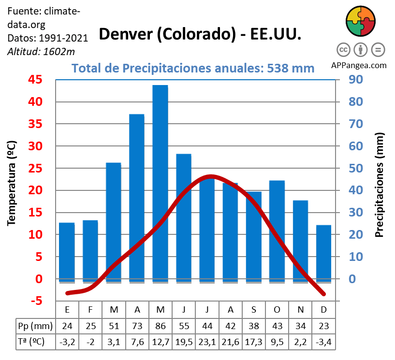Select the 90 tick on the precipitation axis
pos(356,80)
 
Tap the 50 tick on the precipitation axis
pos(356,168)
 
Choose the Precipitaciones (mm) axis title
pos(380,185)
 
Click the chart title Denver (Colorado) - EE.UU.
pos(200,34)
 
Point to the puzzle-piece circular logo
pos(360,21)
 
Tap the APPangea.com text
pos(359,65)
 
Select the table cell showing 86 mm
pos(160,326)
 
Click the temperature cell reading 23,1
pos(206,342)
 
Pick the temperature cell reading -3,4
pos(323,342)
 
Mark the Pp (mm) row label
pos(32,326)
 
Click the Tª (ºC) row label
pos(32,342)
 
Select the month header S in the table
pos(253,309)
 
